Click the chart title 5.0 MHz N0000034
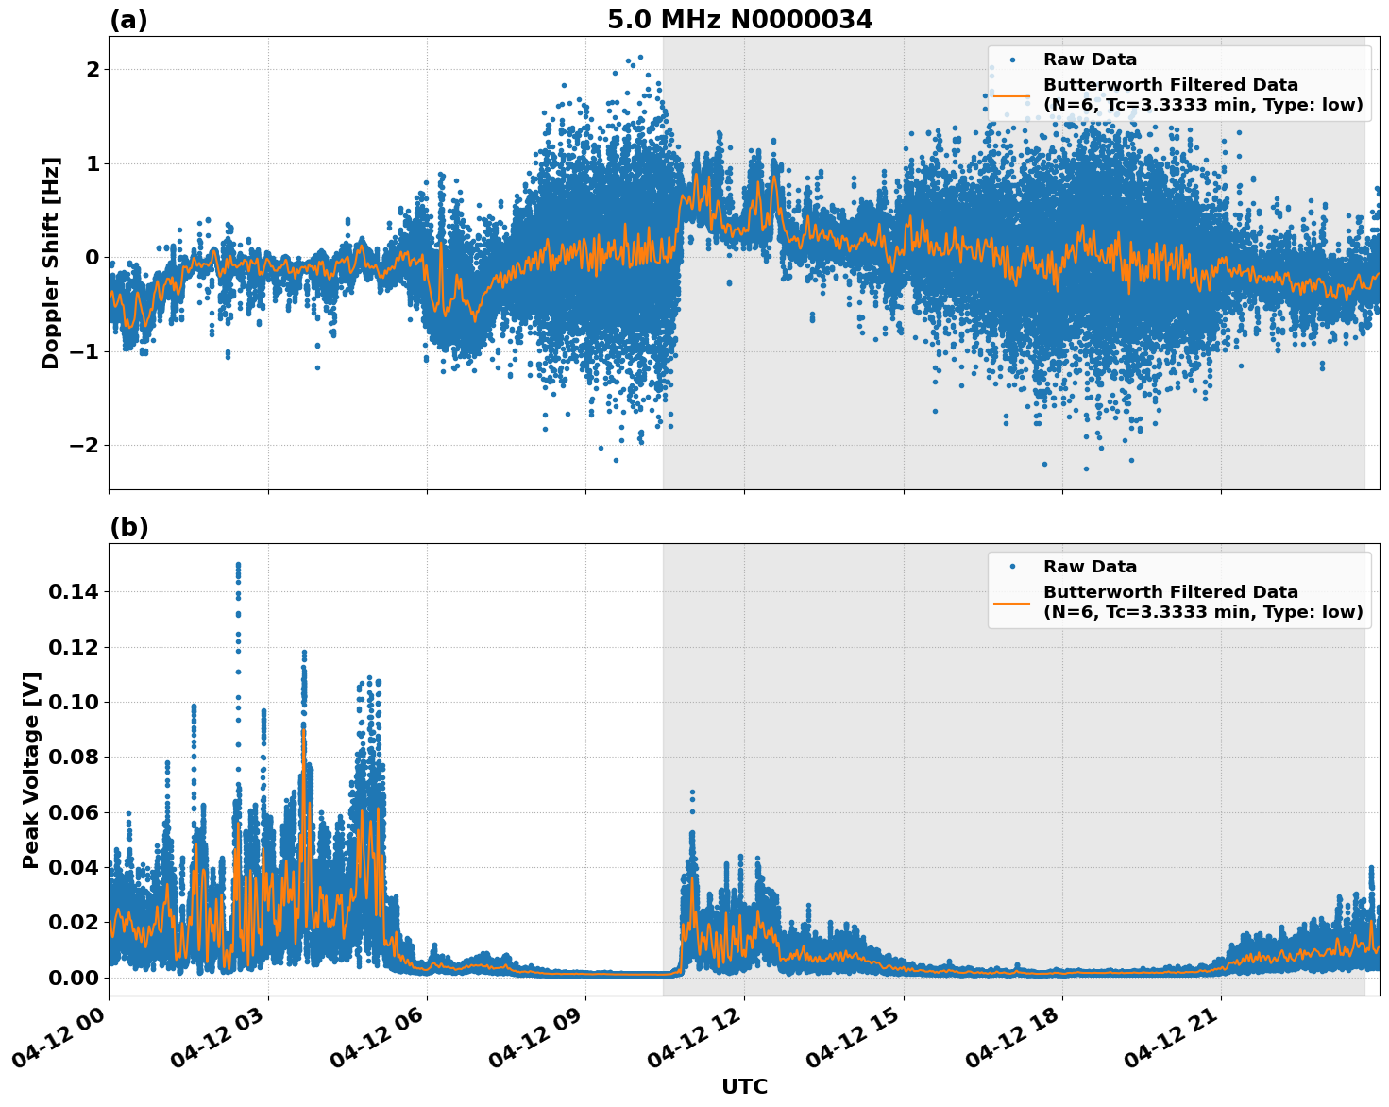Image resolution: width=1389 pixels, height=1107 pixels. coord(739,19)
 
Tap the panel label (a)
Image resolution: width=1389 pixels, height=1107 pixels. coord(128,20)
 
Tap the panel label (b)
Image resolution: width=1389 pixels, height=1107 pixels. coord(128,527)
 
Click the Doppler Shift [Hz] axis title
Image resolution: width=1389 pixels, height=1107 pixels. coord(51,263)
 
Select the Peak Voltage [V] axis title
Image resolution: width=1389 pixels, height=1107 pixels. coord(31,770)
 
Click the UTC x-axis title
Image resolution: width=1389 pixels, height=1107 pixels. coord(744,1086)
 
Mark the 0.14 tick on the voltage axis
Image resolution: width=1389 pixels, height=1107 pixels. coord(73,592)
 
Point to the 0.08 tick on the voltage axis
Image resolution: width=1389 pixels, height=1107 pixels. coord(73,758)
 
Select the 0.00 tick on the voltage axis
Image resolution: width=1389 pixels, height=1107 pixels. coord(73,978)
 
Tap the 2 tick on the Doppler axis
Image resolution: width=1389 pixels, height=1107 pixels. coord(93,70)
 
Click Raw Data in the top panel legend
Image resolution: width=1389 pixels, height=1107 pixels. coord(1090,60)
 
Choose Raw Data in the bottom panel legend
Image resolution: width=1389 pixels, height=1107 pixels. coord(1090,567)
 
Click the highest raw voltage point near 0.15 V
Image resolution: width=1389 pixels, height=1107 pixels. coord(238,565)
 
